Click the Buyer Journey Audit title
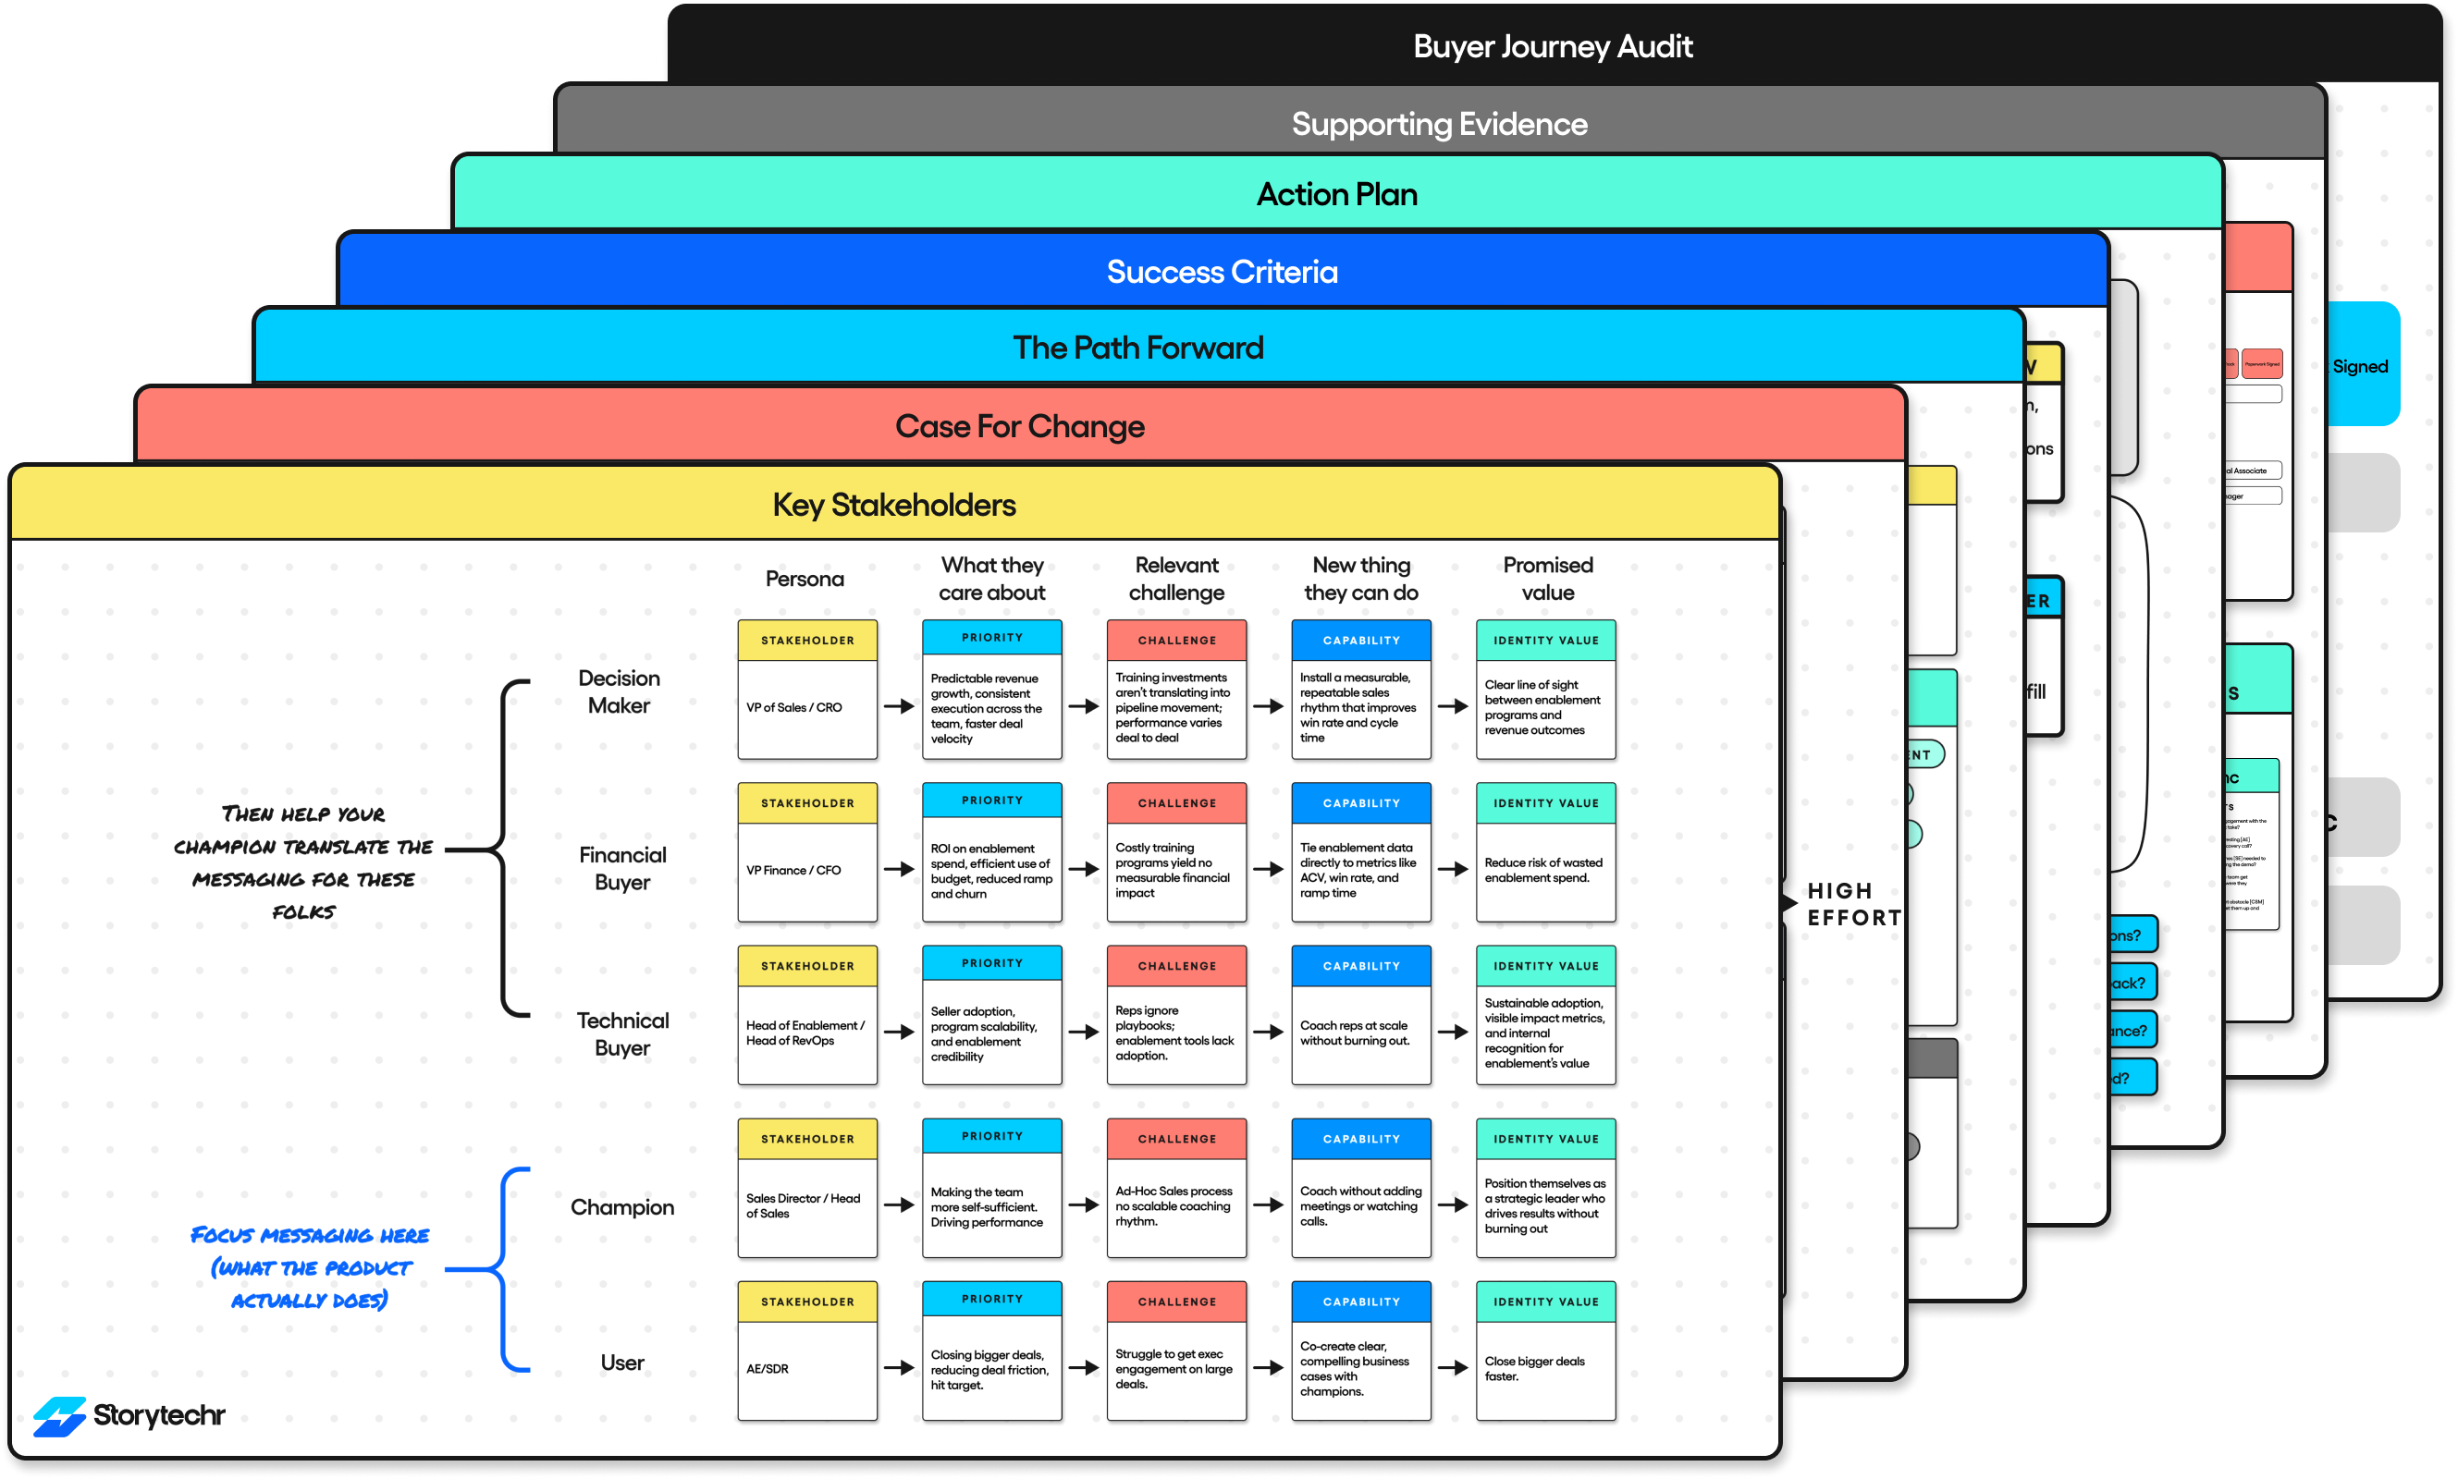click(x=1552, y=47)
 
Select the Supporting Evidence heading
click(x=1438, y=125)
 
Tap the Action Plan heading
click(x=1335, y=194)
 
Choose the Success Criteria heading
click(x=1221, y=272)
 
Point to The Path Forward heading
click(x=1137, y=348)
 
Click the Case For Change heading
click(x=1019, y=426)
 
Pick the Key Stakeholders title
click(x=893, y=506)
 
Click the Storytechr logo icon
click(x=59, y=1415)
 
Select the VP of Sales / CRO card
click(x=806, y=690)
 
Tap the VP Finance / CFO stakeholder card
click(x=806, y=853)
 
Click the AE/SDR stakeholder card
click(x=806, y=1351)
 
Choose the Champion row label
click(x=622, y=1207)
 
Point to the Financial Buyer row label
click(x=622, y=868)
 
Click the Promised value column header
click(x=1547, y=578)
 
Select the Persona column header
click(x=804, y=579)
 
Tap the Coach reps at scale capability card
click(x=1360, y=1016)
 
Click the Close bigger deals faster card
click(x=1545, y=1351)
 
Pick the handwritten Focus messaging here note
click(x=309, y=1266)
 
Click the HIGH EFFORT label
click(x=1853, y=904)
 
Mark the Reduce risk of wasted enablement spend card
click(x=1545, y=853)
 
